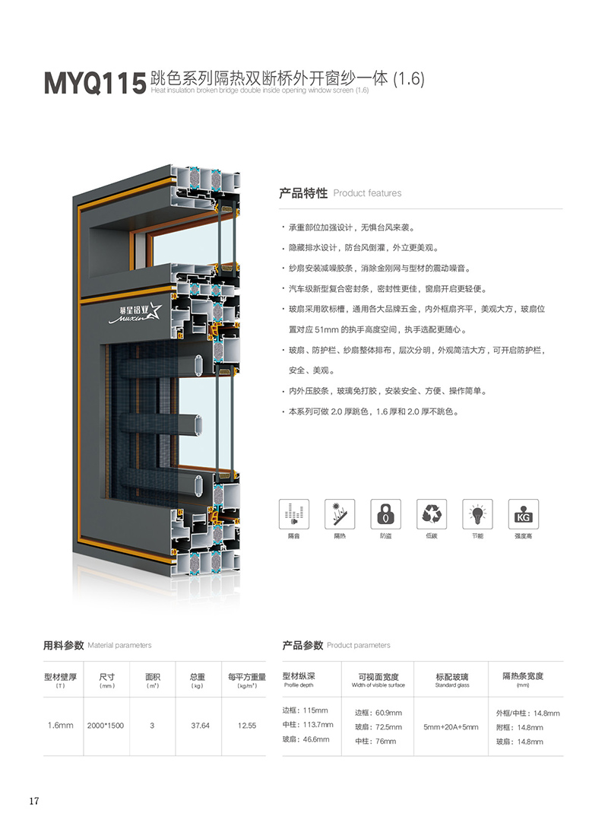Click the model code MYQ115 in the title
pos(94,83)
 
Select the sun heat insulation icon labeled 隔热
pos(339,514)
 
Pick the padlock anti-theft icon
pos(385,514)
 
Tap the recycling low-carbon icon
pos(432,514)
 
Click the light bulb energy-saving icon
pos(477,514)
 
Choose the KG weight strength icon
pos(523,514)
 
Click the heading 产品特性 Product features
pos(340,193)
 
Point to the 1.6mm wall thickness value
pos(61,726)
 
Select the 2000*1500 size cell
pos(106,726)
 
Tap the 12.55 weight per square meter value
pos(246,726)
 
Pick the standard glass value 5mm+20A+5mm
pos(451,727)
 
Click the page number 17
pos(34,801)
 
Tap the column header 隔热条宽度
pos(523,676)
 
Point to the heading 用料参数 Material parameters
pos(97,645)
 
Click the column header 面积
pos(152,677)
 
